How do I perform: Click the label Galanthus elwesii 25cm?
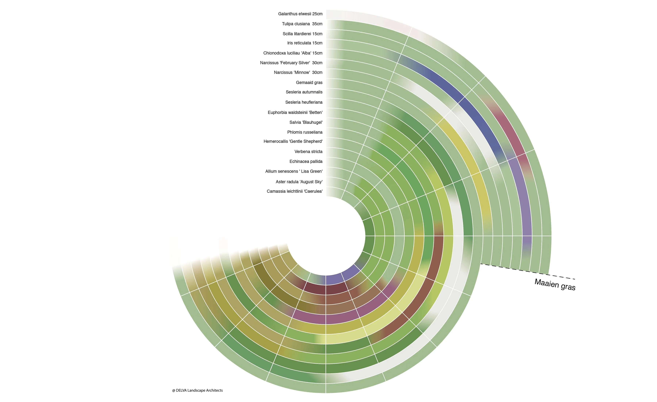[x=300, y=14]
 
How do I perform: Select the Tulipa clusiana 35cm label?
[x=302, y=24]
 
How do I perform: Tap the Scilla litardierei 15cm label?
[x=302, y=34]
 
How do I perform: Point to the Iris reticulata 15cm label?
[x=305, y=43]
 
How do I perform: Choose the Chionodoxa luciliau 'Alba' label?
[x=293, y=53]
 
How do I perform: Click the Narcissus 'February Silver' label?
[x=291, y=63]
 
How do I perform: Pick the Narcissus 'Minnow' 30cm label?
[x=298, y=72]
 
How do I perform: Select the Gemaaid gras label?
[x=309, y=82]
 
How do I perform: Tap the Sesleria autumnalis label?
[x=304, y=92]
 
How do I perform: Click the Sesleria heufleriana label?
[x=304, y=102]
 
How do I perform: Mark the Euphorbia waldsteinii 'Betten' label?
[x=295, y=112]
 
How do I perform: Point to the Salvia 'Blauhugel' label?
[x=306, y=122]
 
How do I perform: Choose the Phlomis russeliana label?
[x=305, y=132]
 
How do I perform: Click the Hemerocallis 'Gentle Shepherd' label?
[x=293, y=141]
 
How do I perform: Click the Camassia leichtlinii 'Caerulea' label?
[x=295, y=191]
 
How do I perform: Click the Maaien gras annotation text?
[x=555, y=285]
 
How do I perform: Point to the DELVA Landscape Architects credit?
[x=197, y=390]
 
